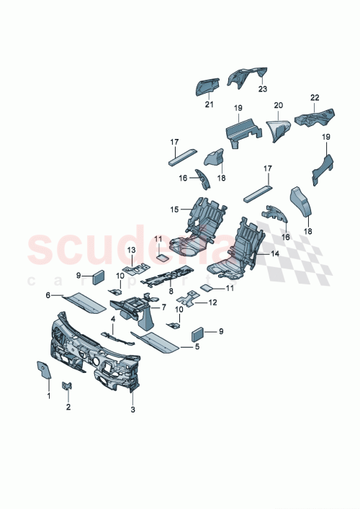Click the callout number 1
pos(49,395)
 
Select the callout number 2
pos(68,407)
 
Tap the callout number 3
pos(132,410)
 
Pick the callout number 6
pos(49,295)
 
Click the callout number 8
pos(170,293)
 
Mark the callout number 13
pos(132,249)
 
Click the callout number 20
pos(278,104)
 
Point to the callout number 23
pos(262,90)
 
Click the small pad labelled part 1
pos(43,370)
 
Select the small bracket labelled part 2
pos(68,388)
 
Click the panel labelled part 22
pos(315,114)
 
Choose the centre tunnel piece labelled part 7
pos(137,310)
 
